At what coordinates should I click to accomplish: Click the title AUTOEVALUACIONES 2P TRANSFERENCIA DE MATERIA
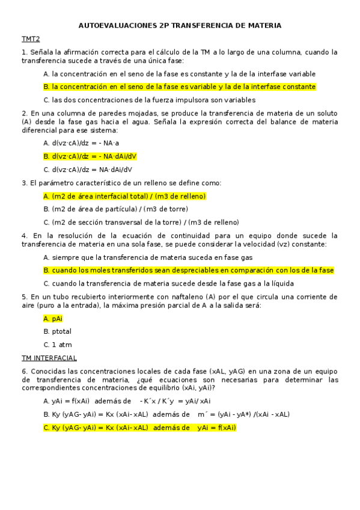tap(180, 26)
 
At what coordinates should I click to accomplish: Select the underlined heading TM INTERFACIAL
tap(49, 358)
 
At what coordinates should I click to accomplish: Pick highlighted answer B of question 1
tap(180, 87)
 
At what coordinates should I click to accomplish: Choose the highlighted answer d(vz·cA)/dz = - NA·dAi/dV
tap(90, 156)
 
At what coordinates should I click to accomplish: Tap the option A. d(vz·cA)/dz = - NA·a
tap(81, 143)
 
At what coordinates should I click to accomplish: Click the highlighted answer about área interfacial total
tap(124, 196)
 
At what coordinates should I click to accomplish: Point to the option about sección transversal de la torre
tap(141, 223)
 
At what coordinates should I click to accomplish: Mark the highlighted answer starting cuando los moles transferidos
tap(189, 271)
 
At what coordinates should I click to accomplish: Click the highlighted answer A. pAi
tap(53, 318)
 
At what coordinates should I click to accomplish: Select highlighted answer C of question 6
tap(139, 428)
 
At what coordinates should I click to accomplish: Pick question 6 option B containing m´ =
tap(166, 414)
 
